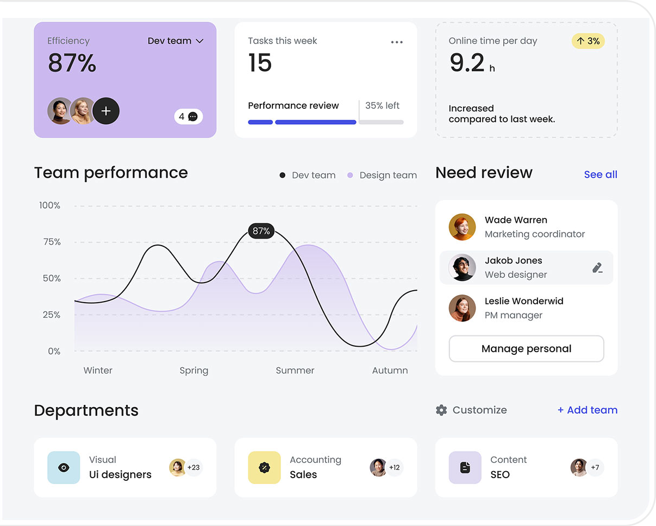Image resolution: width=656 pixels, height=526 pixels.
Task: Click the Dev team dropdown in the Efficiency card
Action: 176,41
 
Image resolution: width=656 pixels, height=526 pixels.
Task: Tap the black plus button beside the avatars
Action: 106,111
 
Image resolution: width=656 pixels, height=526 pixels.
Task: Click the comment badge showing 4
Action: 189,116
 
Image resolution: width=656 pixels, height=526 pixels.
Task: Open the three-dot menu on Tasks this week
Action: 397,42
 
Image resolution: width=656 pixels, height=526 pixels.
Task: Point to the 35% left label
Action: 382,105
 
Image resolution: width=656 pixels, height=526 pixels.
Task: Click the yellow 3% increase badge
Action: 588,41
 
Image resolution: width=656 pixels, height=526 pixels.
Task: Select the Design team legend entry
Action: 382,175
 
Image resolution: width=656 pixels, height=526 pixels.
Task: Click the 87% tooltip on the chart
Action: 261,231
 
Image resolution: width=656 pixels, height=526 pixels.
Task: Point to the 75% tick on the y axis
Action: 52,242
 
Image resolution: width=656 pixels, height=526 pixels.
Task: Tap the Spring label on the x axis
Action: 194,371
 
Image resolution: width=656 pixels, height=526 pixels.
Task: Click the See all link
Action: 601,174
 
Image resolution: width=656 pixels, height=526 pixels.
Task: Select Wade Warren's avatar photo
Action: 462,227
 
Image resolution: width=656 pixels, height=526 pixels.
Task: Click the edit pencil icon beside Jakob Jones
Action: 597,267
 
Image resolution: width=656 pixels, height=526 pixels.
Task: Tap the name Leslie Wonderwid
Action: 524,301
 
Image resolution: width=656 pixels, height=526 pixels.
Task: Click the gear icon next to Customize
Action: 441,410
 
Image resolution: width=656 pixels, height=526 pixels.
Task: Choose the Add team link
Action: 588,410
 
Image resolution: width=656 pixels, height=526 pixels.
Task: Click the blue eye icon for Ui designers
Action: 64,467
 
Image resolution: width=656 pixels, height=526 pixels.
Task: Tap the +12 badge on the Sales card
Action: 395,467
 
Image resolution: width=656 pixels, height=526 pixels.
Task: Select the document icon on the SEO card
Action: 465,467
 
